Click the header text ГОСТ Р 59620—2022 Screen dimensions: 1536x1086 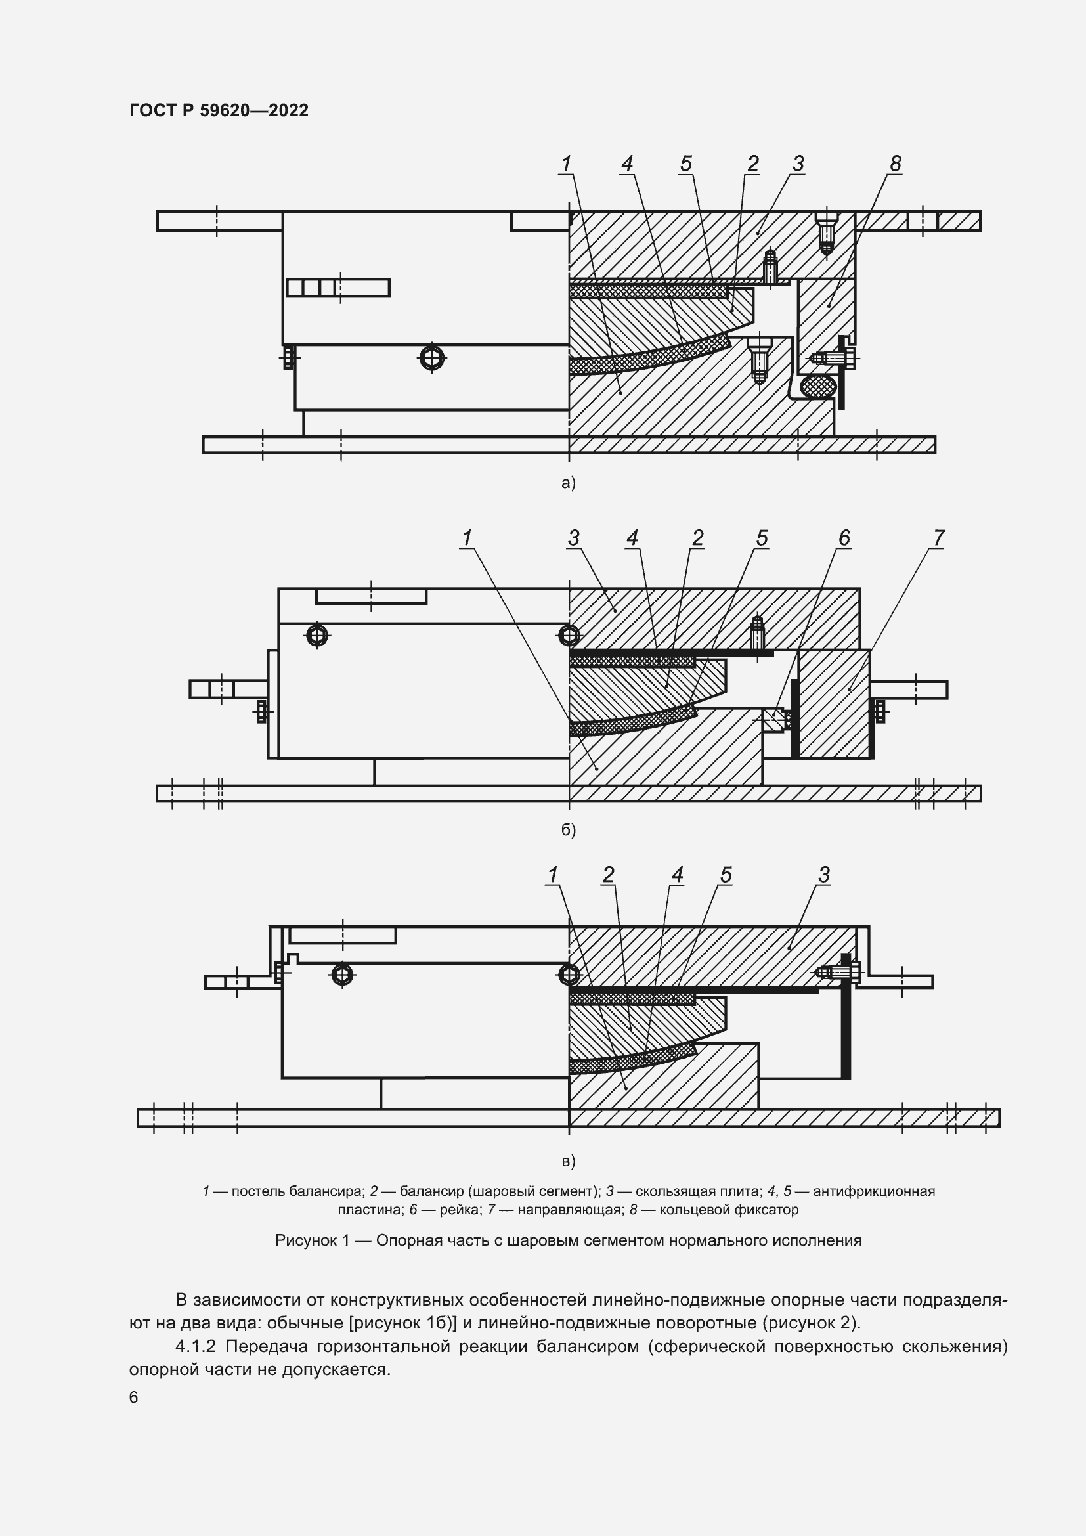[x=219, y=110]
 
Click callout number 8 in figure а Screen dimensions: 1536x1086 [x=895, y=164]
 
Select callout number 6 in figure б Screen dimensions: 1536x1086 [x=844, y=538]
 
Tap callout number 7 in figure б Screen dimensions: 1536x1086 [x=938, y=538]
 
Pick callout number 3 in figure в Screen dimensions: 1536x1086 [x=824, y=875]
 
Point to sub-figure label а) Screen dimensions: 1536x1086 [x=568, y=483]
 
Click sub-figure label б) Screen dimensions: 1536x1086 [x=568, y=830]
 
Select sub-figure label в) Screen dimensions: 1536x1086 [x=568, y=1162]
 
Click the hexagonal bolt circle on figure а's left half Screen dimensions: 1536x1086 [x=432, y=359]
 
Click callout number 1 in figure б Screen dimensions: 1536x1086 [x=466, y=538]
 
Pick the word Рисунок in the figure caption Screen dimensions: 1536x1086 [x=305, y=1241]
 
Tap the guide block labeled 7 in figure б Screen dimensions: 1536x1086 [x=834, y=704]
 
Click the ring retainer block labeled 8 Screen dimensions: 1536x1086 [x=827, y=315]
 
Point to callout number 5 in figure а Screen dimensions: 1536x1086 [x=685, y=164]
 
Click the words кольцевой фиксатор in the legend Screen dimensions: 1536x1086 [x=729, y=1210]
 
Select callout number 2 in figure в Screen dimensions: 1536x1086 [x=607, y=875]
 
